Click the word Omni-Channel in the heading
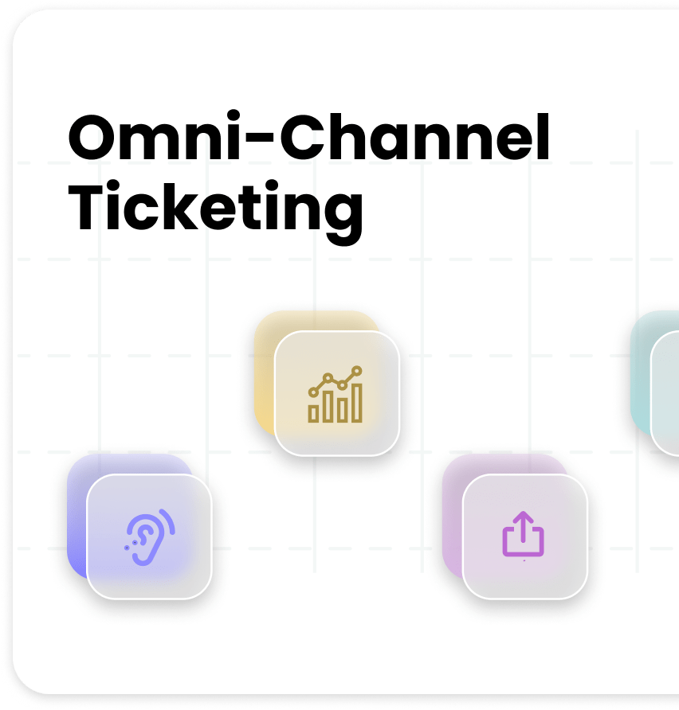(308, 136)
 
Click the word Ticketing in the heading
(216, 211)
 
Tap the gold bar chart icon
(336, 394)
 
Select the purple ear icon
(150, 537)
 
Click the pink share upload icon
(523, 535)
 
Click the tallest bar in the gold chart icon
(357, 403)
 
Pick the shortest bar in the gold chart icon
(312, 414)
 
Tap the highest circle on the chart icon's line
(357, 371)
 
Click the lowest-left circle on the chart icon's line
(313, 392)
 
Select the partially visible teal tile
(655, 383)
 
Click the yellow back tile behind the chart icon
(265, 371)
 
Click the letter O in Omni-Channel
(92, 137)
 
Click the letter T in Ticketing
(87, 206)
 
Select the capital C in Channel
(301, 137)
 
